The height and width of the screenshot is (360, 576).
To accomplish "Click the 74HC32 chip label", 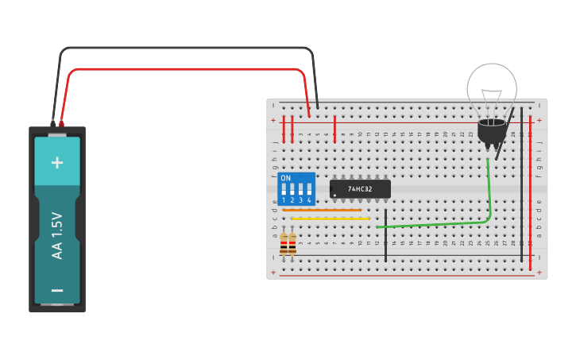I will pos(361,188).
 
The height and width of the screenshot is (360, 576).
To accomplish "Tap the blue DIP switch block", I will pos(296,189).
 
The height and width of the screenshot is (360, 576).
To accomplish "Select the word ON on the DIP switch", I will pos(286,178).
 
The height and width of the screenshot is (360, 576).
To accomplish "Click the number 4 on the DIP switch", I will pos(309,200).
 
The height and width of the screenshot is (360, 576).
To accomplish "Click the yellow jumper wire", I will pos(331,218).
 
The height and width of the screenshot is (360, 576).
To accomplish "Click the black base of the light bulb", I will pos(492,132).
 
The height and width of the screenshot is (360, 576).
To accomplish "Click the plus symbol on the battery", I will pos(57,163).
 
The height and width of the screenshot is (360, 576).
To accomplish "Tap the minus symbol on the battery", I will pos(57,291).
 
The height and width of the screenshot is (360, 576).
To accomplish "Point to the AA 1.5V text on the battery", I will pos(57,235).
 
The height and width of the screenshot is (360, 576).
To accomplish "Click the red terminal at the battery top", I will pos(61,124).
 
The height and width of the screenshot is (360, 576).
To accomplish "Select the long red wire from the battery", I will pos(191,70).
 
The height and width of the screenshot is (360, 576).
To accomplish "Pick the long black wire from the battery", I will pos(191,48).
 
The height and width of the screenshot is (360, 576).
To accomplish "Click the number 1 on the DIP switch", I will pos(284,200).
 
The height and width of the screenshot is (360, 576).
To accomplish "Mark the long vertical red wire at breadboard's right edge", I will pos(531,191).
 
